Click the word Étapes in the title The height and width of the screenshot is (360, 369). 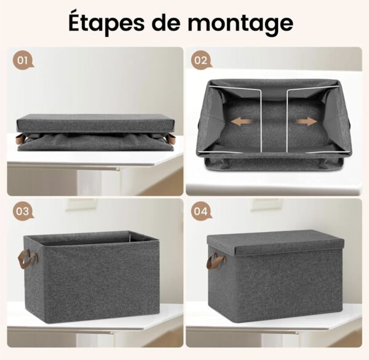click(106, 23)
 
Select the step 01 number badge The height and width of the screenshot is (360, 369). click(23, 61)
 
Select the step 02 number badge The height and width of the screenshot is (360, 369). click(201, 61)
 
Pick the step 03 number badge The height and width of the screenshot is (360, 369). click(23, 212)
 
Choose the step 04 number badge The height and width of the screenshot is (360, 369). click(201, 212)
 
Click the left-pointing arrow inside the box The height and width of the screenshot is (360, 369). click(242, 122)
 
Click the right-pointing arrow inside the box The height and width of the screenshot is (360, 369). click(306, 122)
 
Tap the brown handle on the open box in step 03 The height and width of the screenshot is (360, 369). click(28, 259)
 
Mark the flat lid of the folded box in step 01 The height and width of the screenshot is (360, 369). click(95, 124)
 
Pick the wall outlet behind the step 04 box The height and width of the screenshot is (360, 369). click(267, 204)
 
